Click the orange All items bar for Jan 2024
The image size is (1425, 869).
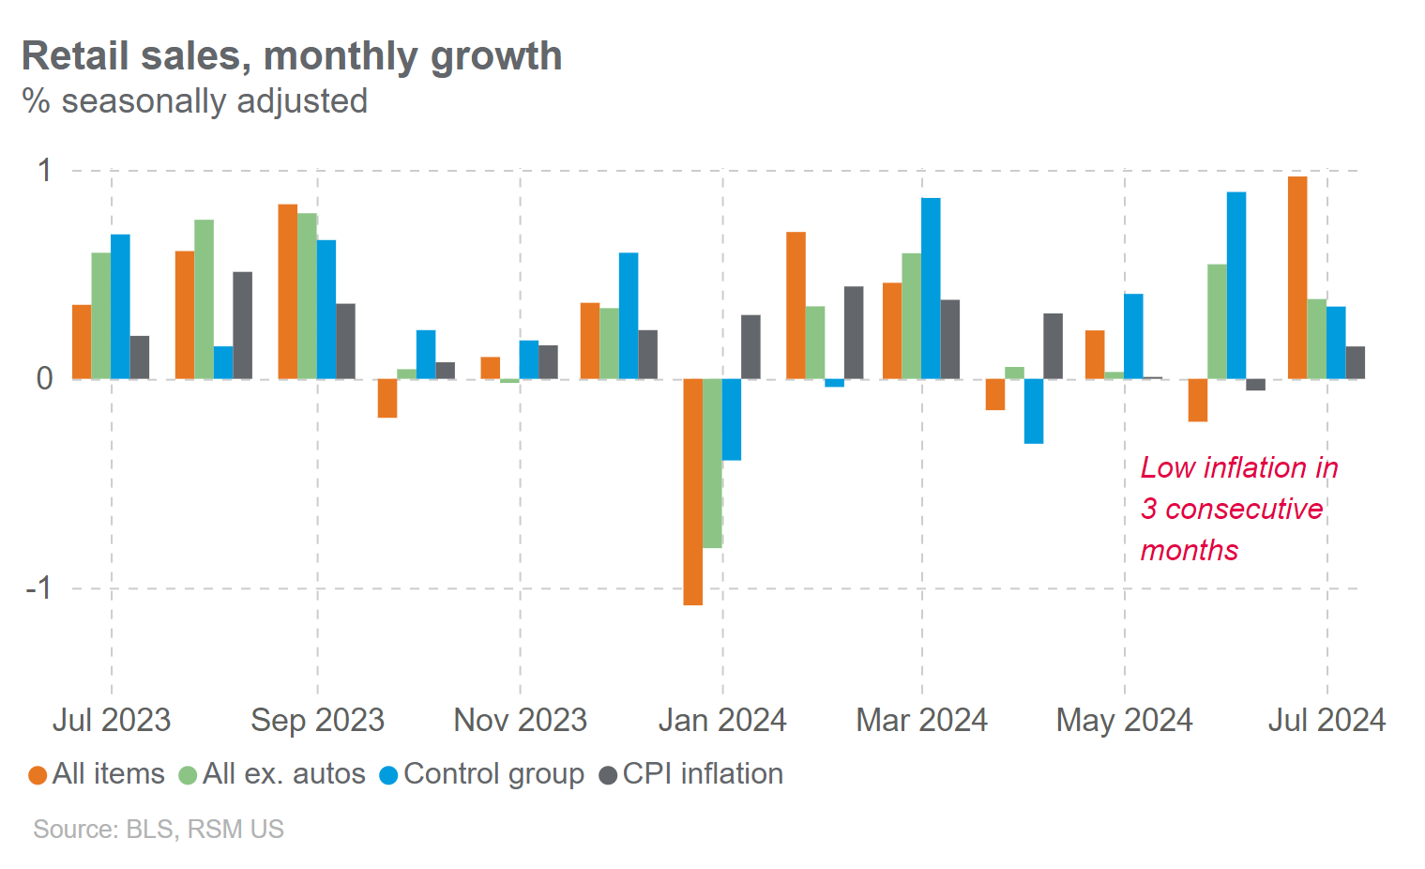[692, 492]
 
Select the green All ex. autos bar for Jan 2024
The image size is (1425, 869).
[712, 464]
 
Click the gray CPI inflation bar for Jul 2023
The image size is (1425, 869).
[140, 358]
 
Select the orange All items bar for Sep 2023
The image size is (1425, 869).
[287, 292]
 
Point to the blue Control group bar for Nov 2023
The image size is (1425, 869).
[529, 360]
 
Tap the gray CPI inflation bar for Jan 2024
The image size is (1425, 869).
[750, 347]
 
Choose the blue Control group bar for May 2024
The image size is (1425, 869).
[1133, 337]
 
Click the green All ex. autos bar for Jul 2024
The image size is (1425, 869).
[1316, 339]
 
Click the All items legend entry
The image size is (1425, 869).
[97, 774]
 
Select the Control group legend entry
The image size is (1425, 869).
[482, 774]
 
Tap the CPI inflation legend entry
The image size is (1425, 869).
[691, 774]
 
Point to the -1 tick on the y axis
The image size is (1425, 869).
[38, 588]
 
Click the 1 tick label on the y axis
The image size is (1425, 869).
[44, 171]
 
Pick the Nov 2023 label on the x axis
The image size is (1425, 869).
[520, 720]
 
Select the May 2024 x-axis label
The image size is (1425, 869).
[1124, 720]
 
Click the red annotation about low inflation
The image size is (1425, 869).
[1237, 509]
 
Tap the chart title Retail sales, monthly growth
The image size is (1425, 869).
[292, 56]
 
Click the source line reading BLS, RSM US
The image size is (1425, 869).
[158, 830]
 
